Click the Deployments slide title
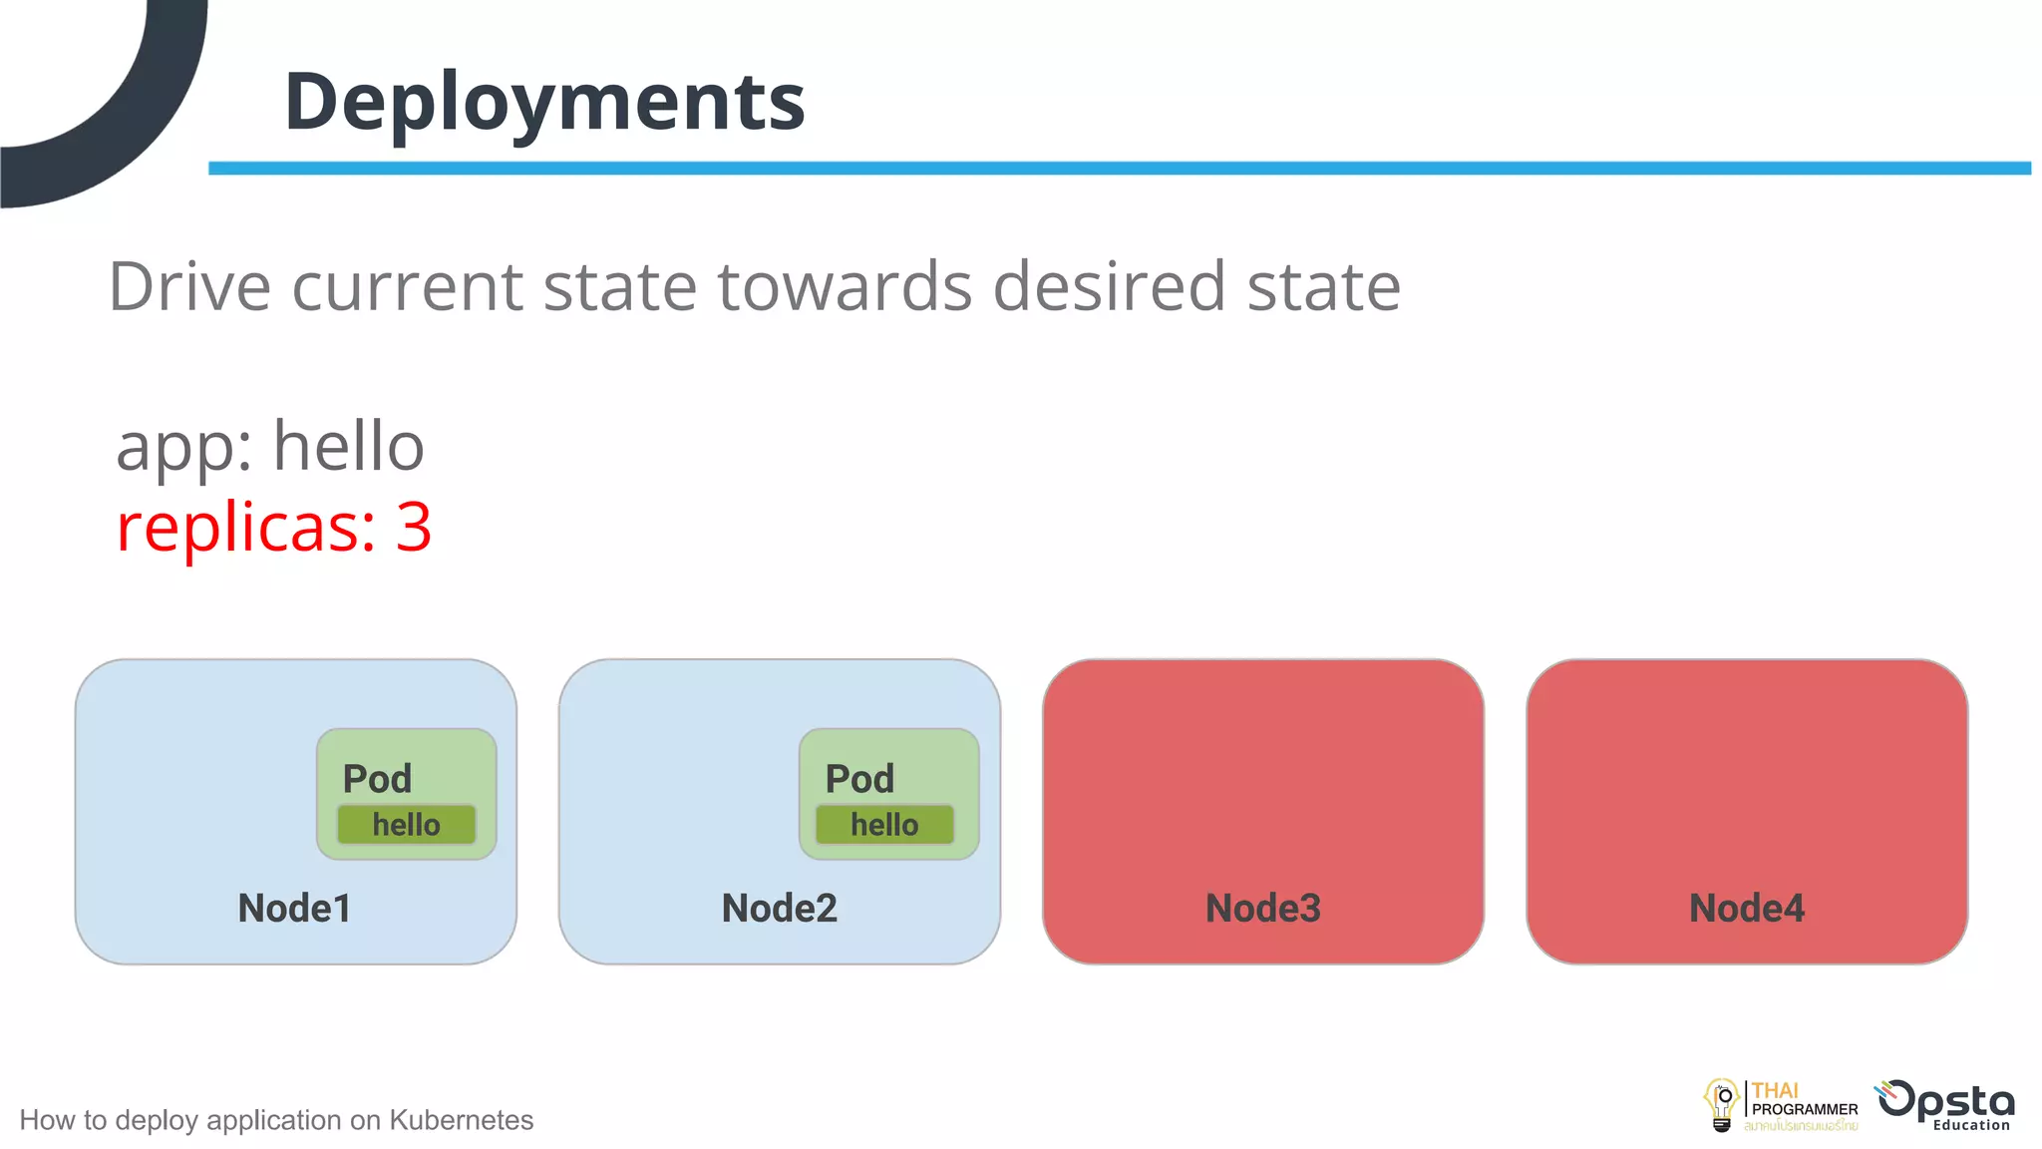[x=544, y=102]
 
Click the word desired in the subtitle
[x=1108, y=287]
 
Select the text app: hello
[x=269, y=446]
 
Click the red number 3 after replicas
[x=413, y=527]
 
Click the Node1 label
[x=294, y=908]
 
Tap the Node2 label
[x=779, y=908]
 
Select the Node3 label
[x=1262, y=908]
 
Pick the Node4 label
[x=1746, y=908]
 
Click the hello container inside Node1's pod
[x=406, y=825]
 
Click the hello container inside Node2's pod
[x=884, y=825]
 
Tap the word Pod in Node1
[x=377, y=779]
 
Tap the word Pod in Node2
[x=859, y=779]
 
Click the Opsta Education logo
[x=1946, y=1105]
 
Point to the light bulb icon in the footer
[x=1722, y=1105]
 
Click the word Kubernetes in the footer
[x=461, y=1120]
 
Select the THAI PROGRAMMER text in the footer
[x=1804, y=1101]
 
